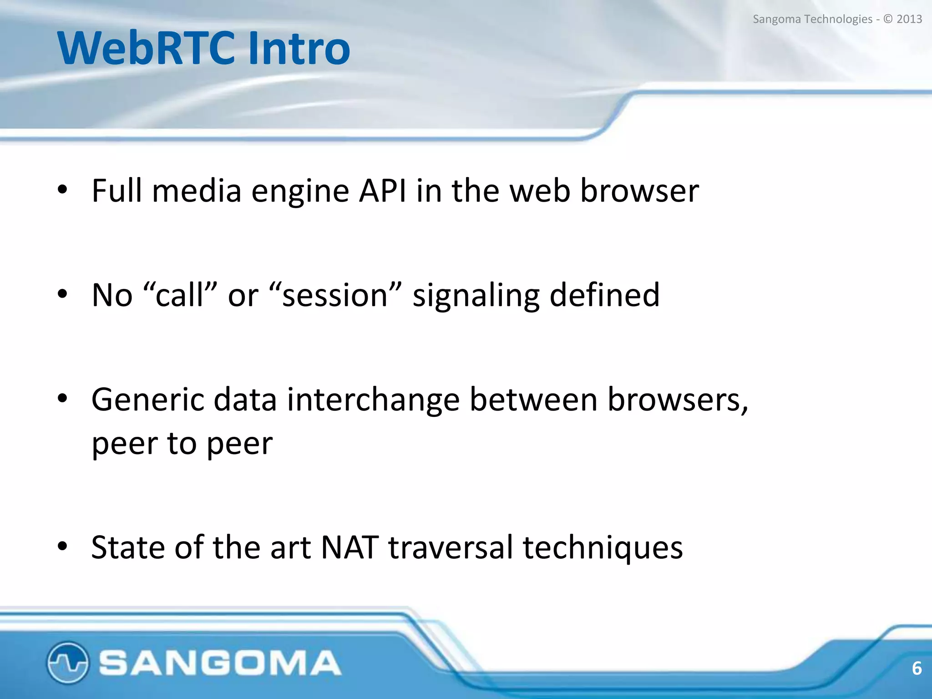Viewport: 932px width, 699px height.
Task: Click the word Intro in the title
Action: [299, 48]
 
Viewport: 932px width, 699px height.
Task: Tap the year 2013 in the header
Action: [909, 19]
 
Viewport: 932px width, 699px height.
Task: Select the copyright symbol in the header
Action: [888, 19]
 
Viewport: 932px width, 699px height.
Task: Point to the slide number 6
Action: [917, 668]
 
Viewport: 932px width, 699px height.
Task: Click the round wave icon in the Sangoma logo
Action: [67, 663]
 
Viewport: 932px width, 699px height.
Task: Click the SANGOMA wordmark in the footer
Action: [220, 663]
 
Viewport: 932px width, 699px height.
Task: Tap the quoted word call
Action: [180, 295]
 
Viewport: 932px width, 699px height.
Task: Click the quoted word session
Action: [335, 295]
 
